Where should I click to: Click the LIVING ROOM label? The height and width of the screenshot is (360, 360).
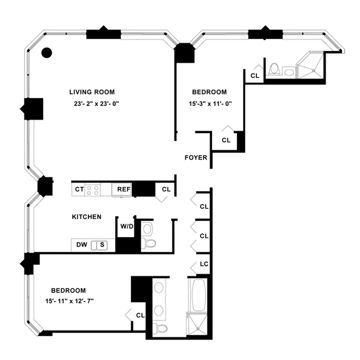92,92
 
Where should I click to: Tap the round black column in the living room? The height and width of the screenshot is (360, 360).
46,52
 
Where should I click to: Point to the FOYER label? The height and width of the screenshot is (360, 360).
195,157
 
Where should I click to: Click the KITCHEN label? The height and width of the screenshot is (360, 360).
87,217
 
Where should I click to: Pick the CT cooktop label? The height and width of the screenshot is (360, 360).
79,189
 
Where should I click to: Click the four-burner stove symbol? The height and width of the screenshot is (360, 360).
93,189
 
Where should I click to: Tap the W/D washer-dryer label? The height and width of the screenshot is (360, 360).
127,226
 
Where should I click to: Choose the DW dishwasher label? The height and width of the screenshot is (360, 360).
81,245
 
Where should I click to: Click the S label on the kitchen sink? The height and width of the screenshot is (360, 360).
102,245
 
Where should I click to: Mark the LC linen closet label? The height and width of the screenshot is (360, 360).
204,264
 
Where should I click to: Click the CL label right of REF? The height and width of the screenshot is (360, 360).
166,189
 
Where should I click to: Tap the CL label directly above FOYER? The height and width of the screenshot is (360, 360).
226,140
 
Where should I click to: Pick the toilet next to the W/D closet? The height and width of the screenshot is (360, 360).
148,242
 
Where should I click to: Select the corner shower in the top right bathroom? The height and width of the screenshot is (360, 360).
311,68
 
